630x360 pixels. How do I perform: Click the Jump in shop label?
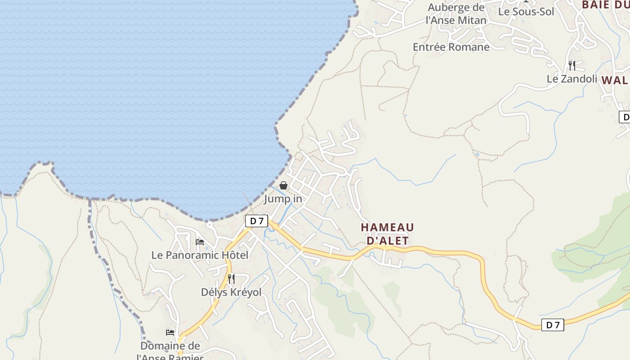tap(283, 198)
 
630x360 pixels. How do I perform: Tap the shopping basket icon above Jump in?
tap(283, 185)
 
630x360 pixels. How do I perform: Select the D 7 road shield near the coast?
tap(256, 221)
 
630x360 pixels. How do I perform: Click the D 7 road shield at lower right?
tap(552, 325)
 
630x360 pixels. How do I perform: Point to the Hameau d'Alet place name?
tap(387, 234)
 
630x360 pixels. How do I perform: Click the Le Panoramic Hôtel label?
tap(200, 255)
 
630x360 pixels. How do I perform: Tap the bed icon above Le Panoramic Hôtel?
tap(200, 242)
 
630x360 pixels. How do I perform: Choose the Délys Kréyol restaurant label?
tap(231, 292)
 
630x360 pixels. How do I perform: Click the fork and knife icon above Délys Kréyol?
tap(231, 279)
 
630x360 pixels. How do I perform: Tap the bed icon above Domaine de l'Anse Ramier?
tap(170, 333)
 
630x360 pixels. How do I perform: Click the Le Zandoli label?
tap(571, 79)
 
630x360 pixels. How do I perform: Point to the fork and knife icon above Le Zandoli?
tap(571, 66)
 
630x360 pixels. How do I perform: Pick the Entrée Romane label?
tap(451, 47)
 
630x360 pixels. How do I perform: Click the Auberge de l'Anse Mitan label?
tap(456, 14)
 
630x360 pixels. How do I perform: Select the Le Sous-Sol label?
tap(526, 12)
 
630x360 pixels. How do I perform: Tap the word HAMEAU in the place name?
tap(387, 227)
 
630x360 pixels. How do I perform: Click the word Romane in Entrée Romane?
tap(468, 47)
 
